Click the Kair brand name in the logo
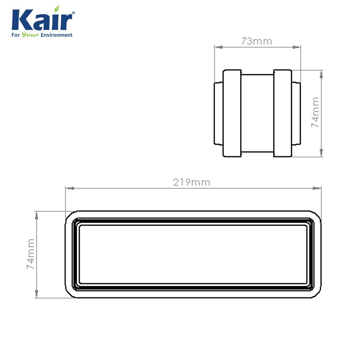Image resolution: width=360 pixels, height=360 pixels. [42, 19]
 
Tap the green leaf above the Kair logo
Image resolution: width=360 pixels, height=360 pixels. [57, 9]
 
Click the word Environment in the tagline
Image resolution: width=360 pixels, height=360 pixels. [57, 35]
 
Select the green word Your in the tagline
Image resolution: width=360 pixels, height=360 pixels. [30, 35]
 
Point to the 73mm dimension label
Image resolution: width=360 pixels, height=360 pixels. [256, 41]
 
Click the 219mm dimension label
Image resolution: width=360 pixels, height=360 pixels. [192, 183]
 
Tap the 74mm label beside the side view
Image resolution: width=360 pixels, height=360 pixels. [315, 112]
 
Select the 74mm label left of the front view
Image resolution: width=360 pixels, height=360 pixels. [31, 254]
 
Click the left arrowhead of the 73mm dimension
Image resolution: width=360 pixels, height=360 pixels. [219, 47]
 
